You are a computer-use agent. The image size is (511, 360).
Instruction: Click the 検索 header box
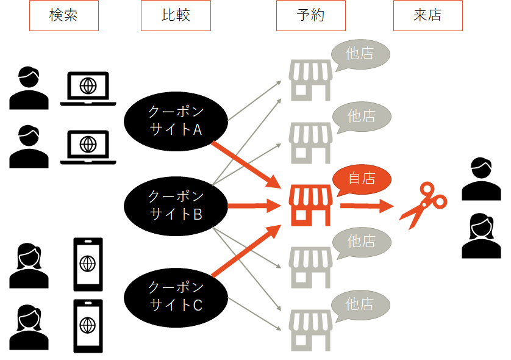pyautogui.click(x=63, y=16)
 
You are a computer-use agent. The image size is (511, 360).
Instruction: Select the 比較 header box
pyautogui.click(x=176, y=16)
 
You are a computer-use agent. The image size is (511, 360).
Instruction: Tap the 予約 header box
pyautogui.click(x=311, y=16)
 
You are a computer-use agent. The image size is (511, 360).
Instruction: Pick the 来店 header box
pyautogui.click(x=427, y=16)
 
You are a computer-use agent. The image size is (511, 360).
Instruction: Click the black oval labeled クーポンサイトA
pyautogui.click(x=176, y=121)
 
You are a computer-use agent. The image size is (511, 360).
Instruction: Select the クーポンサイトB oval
pyautogui.click(x=176, y=206)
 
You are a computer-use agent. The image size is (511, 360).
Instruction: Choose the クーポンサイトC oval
pyautogui.click(x=176, y=296)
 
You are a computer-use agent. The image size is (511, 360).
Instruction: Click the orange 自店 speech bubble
pyautogui.click(x=361, y=179)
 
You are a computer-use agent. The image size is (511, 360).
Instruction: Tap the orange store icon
pyautogui.click(x=310, y=205)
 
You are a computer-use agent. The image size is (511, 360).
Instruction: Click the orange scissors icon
pyautogui.click(x=422, y=205)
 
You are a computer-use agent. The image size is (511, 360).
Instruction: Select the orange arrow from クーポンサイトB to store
pyautogui.click(x=253, y=206)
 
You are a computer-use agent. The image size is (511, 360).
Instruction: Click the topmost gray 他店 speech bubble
pyautogui.click(x=360, y=54)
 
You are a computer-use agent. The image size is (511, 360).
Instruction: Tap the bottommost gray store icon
pyautogui.click(x=310, y=329)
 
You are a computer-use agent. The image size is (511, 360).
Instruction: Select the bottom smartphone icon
pyautogui.click(x=88, y=326)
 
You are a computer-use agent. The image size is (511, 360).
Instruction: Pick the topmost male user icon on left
pyautogui.click(x=29, y=88)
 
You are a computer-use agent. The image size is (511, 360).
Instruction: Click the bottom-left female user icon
pyautogui.click(x=29, y=326)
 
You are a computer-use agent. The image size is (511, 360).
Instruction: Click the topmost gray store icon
pyautogui.click(x=310, y=80)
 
